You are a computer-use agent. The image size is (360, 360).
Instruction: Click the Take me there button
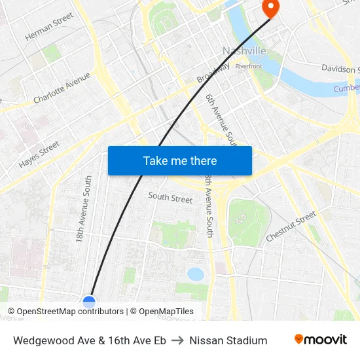(180, 160)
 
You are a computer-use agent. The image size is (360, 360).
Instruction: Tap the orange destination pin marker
(270, 7)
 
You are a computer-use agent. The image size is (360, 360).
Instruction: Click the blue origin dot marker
(89, 302)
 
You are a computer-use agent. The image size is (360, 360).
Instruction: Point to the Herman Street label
(48, 28)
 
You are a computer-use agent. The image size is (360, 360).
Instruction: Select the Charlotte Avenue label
(62, 88)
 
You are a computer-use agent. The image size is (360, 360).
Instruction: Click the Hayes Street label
(39, 154)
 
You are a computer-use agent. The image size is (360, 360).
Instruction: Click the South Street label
(170, 198)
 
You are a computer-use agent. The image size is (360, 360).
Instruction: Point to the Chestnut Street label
(291, 226)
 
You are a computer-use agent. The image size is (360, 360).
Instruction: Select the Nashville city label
(244, 51)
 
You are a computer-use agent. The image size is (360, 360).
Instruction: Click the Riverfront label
(248, 66)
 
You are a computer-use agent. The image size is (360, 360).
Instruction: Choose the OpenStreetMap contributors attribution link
(70, 312)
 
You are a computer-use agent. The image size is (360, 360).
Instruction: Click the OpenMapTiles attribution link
(166, 312)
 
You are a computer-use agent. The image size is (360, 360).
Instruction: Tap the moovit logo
(321, 340)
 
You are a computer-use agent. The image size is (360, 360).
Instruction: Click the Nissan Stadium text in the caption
(228, 340)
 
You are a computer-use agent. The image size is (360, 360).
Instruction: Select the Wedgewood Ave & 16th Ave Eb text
(90, 340)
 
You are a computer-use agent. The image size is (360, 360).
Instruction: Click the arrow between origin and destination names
(178, 340)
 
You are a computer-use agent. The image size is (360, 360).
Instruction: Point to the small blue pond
(195, 274)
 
